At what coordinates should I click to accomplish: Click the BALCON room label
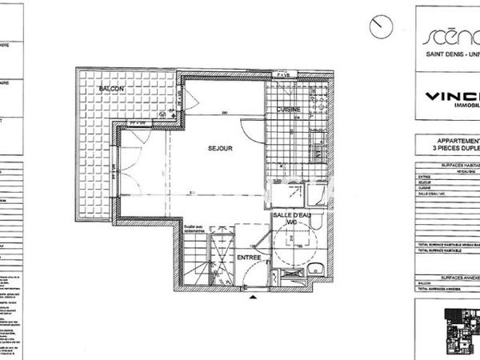[x=111, y=88]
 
